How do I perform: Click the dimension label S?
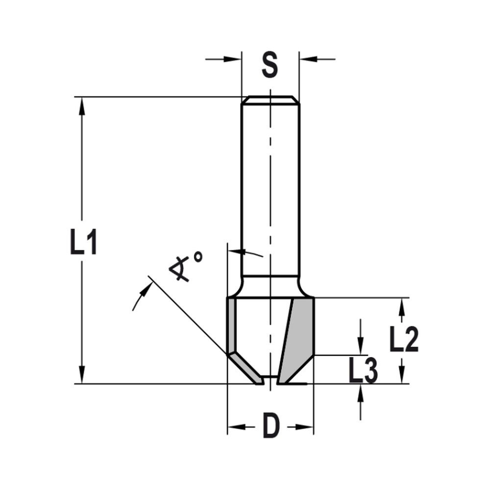269,65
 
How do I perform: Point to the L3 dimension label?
363,371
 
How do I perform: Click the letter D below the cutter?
270,426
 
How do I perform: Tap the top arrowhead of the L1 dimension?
82,105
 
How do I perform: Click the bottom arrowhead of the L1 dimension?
82,375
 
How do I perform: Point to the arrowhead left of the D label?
236,428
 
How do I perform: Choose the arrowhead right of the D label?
305,428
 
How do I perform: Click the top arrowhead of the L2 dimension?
402,306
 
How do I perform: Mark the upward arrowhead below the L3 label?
361,392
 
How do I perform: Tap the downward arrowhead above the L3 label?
361,346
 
